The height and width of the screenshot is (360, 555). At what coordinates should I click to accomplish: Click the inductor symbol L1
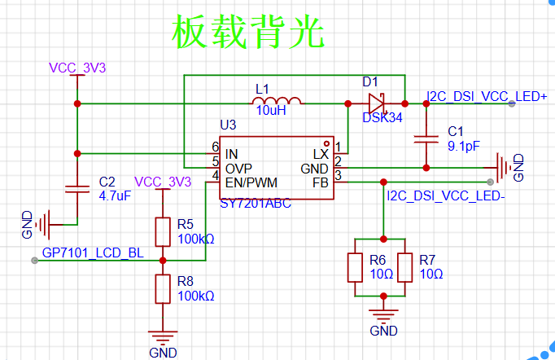tap(277, 101)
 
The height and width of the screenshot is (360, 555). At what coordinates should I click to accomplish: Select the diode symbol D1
tap(377, 103)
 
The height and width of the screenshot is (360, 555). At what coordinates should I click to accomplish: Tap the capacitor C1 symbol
tap(426, 139)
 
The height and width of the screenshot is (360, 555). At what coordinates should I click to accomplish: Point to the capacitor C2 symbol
tap(77, 189)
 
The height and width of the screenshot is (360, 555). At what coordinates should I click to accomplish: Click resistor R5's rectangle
tap(163, 232)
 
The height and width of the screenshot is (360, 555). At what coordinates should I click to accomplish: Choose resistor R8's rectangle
tap(163, 289)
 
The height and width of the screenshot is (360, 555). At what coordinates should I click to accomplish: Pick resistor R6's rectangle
tap(355, 267)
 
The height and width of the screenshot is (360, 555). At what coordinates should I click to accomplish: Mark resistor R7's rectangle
tap(405, 267)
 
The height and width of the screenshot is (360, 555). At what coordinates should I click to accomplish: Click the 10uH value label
tap(271, 111)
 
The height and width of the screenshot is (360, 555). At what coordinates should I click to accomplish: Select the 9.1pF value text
tap(464, 146)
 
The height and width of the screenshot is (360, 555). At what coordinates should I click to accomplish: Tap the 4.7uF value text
tap(115, 195)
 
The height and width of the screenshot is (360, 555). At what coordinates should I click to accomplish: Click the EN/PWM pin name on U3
tap(251, 182)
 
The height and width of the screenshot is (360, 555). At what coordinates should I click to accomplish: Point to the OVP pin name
tap(238, 169)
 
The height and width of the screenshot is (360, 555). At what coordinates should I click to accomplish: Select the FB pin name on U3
tap(321, 182)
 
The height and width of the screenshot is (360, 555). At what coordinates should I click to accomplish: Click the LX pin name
tap(321, 154)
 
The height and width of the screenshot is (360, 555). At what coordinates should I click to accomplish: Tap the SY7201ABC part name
tap(256, 204)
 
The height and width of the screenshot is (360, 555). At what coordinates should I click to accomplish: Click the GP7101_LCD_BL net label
tap(93, 253)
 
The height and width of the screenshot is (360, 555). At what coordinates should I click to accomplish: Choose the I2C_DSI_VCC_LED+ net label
tap(487, 96)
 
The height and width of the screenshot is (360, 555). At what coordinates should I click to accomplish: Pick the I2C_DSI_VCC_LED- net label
tap(446, 195)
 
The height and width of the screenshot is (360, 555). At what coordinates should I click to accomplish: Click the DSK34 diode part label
tap(382, 117)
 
